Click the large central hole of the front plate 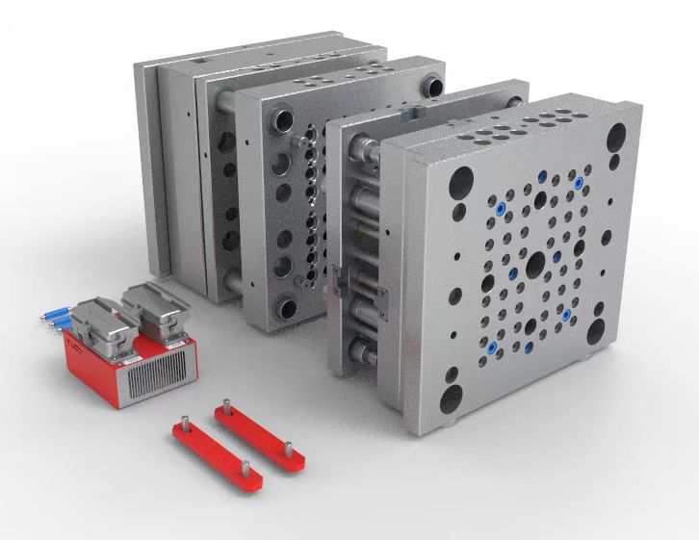pyautogui.click(x=531, y=264)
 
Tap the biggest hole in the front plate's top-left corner pyautogui.click(x=463, y=180)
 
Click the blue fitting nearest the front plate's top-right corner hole pyautogui.click(x=578, y=181)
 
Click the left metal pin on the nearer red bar pyautogui.click(x=185, y=421)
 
